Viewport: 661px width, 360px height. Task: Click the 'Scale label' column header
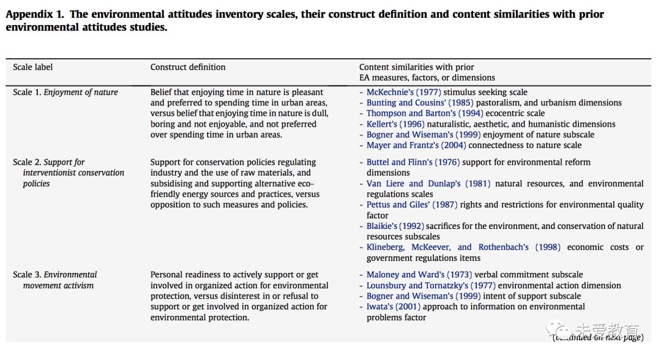(33, 67)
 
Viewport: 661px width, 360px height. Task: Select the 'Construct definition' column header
(188, 67)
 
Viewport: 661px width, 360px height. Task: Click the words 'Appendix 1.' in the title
(35, 14)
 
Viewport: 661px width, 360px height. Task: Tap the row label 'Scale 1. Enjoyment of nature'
(65, 92)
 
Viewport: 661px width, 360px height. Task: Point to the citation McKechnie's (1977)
(403, 92)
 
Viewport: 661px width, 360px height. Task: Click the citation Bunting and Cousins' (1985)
(419, 103)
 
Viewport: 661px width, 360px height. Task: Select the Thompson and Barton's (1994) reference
(425, 113)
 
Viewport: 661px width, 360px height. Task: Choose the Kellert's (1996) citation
(395, 124)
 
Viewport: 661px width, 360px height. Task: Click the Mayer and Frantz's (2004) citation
(416, 146)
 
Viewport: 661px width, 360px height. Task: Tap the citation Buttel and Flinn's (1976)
(413, 162)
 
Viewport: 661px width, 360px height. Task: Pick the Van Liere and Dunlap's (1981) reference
(428, 184)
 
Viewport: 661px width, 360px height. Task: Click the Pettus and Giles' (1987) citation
(412, 205)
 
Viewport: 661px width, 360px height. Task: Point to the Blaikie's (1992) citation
(395, 227)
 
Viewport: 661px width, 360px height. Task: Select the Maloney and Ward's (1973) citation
(419, 275)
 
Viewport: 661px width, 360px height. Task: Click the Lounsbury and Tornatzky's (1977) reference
(431, 286)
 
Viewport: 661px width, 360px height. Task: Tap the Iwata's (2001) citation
(394, 307)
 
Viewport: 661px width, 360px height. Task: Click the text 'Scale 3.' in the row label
(27, 275)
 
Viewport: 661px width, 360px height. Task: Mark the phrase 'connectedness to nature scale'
(525, 146)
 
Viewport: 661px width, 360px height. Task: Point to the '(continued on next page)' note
(598, 337)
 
